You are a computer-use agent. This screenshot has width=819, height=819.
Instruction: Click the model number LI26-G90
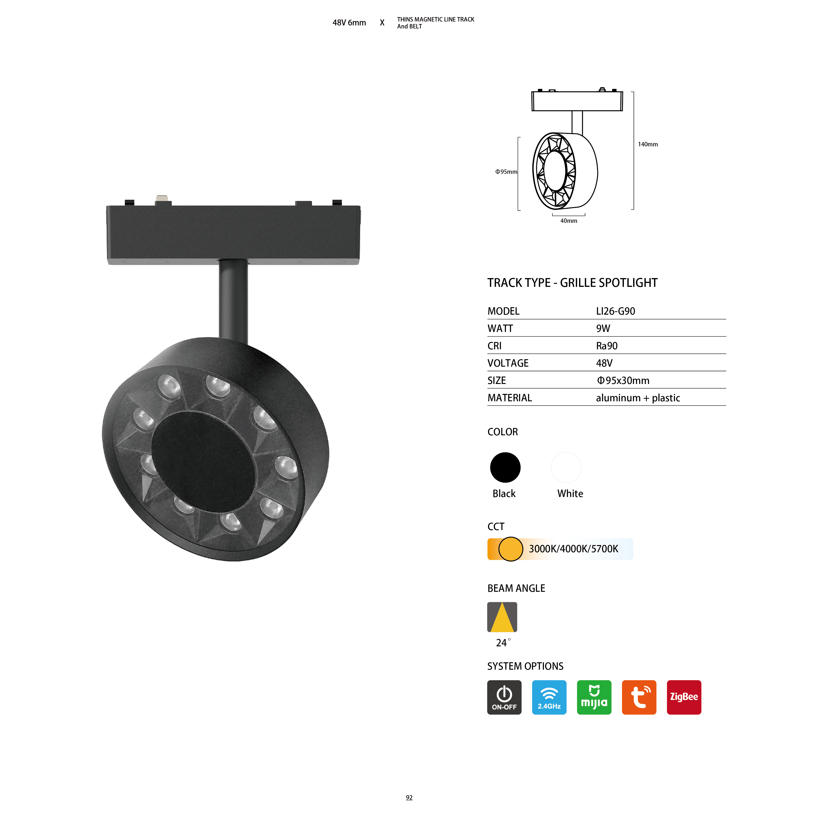coord(616,311)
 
